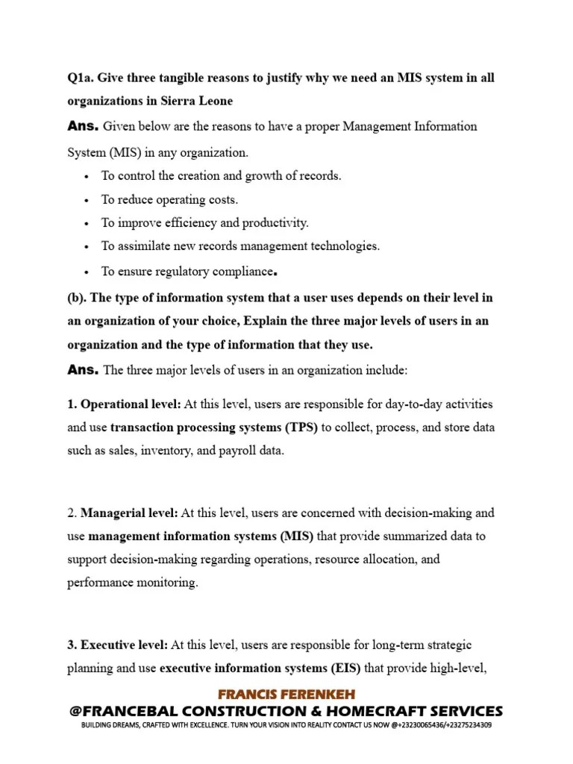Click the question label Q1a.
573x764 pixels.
pos(80,78)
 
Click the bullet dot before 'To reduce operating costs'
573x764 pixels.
pos(87,200)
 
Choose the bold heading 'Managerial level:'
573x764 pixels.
pos(128,513)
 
